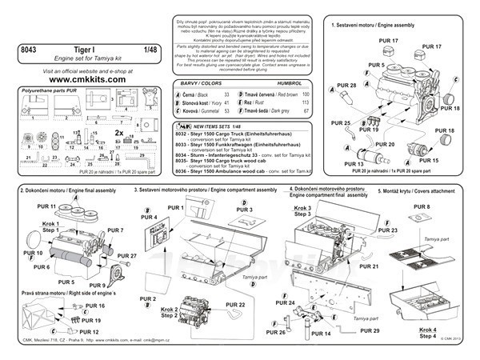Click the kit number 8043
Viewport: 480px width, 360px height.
30,50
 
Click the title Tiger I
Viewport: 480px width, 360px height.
86,50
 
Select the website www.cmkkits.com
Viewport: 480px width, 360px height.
88,80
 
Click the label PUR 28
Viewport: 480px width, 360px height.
346,84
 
